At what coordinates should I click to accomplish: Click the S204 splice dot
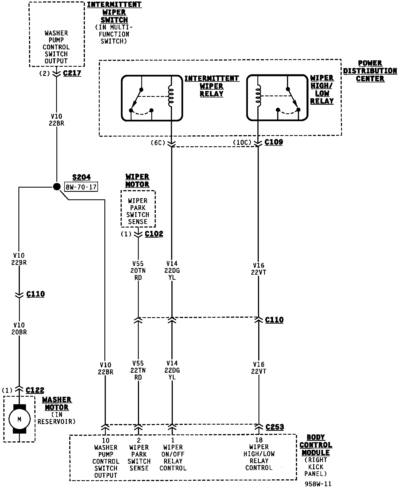pyautogui.click(x=57, y=186)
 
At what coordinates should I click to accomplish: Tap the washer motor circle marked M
pyautogui.click(x=19, y=419)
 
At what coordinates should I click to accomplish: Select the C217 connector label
pyautogui.click(x=72, y=73)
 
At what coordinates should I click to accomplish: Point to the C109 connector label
pyautogui.click(x=274, y=142)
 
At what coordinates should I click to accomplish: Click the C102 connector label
pyautogui.click(x=154, y=234)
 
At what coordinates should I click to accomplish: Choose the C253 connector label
pyautogui.click(x=275, y=427)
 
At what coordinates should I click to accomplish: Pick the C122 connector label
pyautogui.click(x=35, y=390)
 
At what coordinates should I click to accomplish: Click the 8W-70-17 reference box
pyautogui.click(x=81, y=187)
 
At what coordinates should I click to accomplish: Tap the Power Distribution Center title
pyautogui.click(x=370, y=71)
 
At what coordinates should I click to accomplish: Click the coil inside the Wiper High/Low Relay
pyautogui.click(x=258, y=96)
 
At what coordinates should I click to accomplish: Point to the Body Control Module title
pyautogui.click(x=316, y=445)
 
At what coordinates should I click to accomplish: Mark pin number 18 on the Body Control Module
pyautogui.click(x=259, y=440)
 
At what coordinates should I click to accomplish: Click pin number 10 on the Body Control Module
pyautogui.click(x=106, y=441)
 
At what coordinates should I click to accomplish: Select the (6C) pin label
pyautogui.click(x=158, y=143)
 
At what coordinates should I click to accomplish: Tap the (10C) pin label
pyautogui.click(x=242, y=143)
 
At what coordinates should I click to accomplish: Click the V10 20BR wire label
pyautogui.click(x=19, y=329)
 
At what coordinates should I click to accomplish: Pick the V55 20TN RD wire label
pyautogui.click(x=138, y=271)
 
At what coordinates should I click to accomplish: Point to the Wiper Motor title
pyautogui.click(x=137, y=180)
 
